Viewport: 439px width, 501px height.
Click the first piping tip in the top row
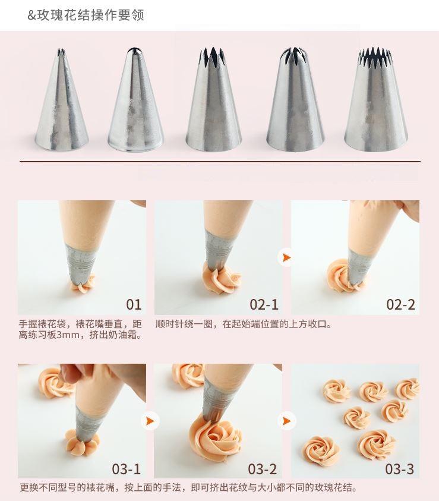pos(62,100)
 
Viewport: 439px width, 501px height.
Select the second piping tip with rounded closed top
pos(135,100)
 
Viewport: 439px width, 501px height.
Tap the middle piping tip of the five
pos(214,100)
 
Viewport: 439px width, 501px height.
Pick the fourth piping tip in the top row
pos(295,100)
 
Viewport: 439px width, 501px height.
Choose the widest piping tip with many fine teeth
pos(376,100)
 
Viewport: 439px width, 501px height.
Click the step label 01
pos(134,304)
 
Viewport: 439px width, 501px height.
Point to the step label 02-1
pos(264,304)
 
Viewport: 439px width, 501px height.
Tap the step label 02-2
pos(401,304)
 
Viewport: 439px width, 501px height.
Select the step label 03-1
pos(127,469)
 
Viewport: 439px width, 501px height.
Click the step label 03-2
pos(263,469)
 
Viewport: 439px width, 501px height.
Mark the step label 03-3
pos(400,469)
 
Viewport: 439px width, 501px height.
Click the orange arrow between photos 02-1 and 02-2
pos(287,257)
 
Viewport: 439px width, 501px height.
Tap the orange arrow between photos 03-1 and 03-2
pos(150,421)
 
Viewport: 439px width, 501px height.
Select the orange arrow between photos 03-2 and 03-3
pos(287,421)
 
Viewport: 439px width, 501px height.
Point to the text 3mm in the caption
pos(68,335)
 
